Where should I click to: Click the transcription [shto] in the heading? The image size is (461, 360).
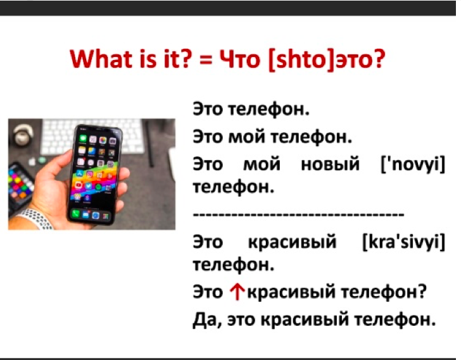click(302, 59)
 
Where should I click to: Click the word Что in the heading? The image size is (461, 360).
click(240, 59)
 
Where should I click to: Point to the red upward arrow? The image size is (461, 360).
click(237, 292)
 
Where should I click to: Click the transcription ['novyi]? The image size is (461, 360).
click(413, 164)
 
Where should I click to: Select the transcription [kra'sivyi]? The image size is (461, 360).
click(404, 242)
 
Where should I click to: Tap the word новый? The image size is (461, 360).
click(331, 164)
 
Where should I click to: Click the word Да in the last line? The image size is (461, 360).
click(205, 320)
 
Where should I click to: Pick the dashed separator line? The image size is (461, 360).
click(298, 214)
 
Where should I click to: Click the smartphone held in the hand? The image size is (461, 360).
click(95, 174)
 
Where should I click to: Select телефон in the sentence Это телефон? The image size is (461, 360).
click(268, 109)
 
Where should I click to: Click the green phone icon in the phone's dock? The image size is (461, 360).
click(76, 213)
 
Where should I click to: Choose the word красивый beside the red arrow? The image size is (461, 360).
click(292, 292)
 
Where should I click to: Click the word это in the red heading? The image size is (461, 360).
click(360, 59)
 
